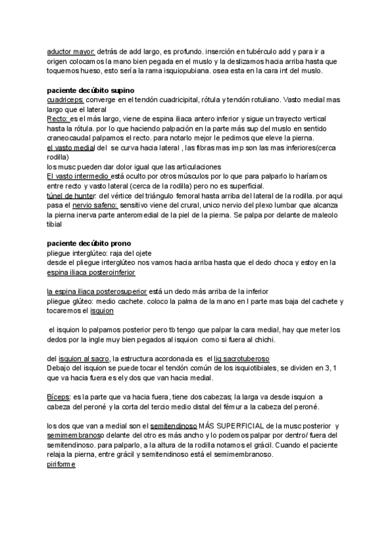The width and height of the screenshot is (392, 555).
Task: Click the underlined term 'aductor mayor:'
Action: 71,51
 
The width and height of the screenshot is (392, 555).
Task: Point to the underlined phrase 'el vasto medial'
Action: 71,148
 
